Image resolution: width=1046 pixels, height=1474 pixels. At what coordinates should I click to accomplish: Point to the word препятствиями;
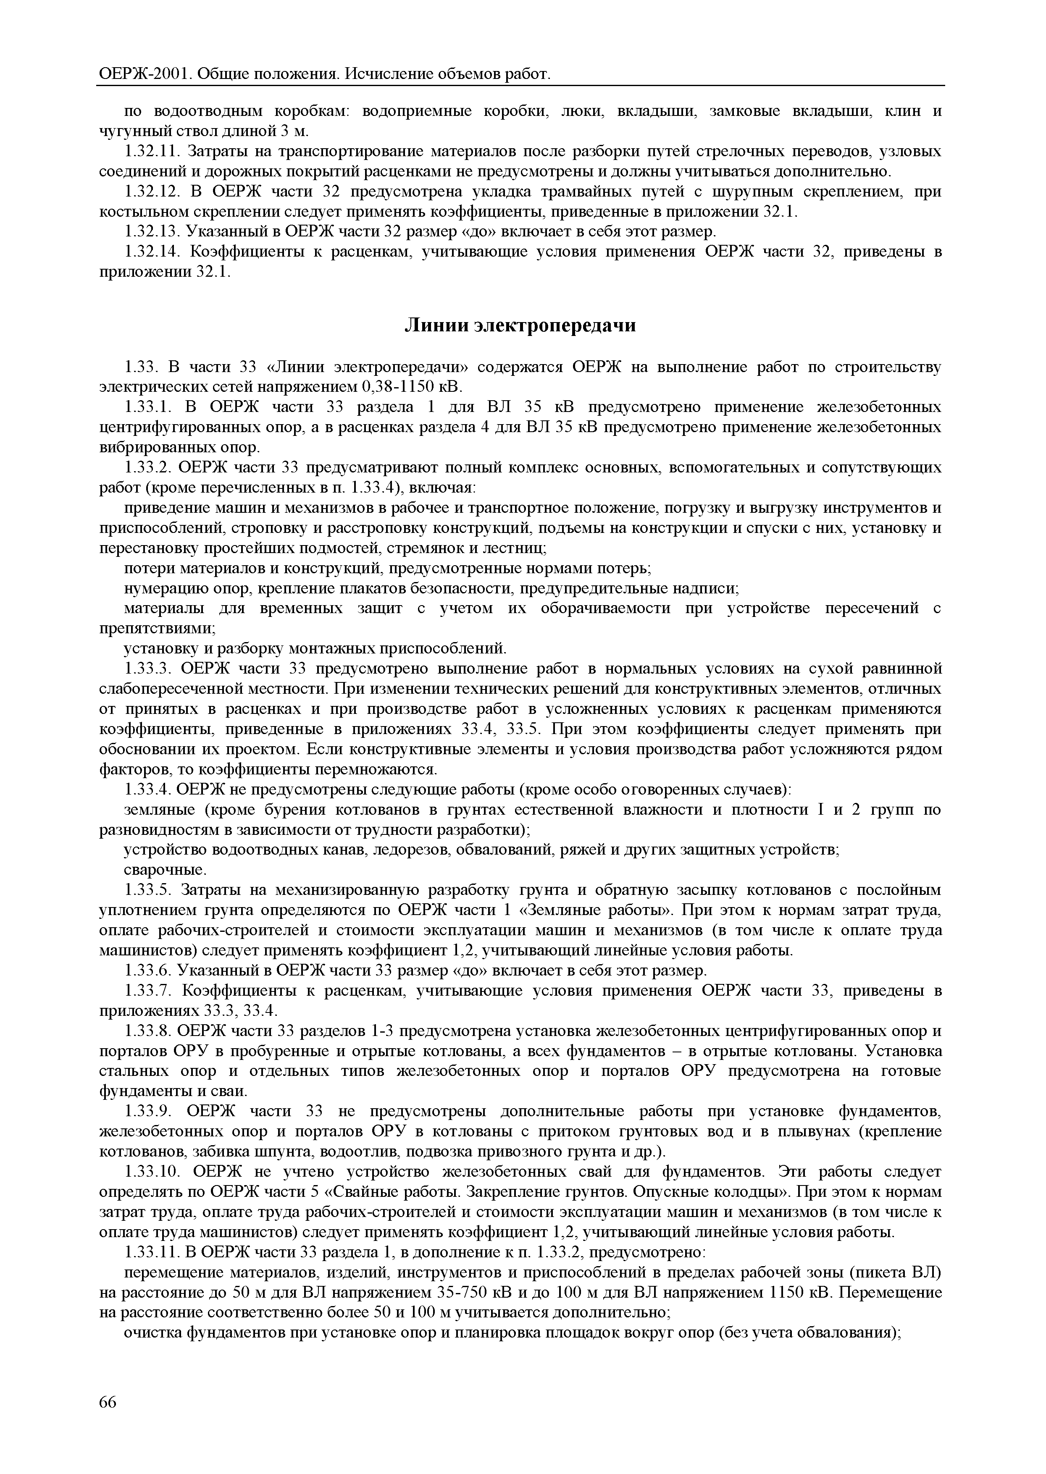[x=157, y=628]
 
